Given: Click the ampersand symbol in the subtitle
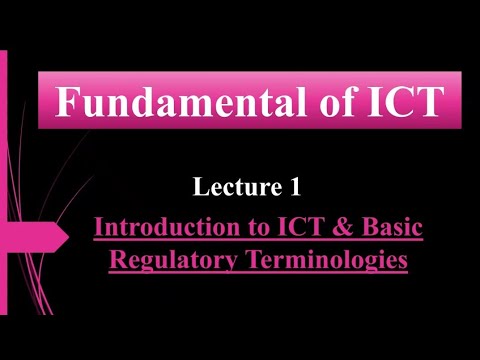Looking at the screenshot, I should [x=339, y=228].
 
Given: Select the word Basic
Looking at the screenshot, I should [x=390, y=228].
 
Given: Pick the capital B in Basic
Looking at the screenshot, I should [x=364, y=228].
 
